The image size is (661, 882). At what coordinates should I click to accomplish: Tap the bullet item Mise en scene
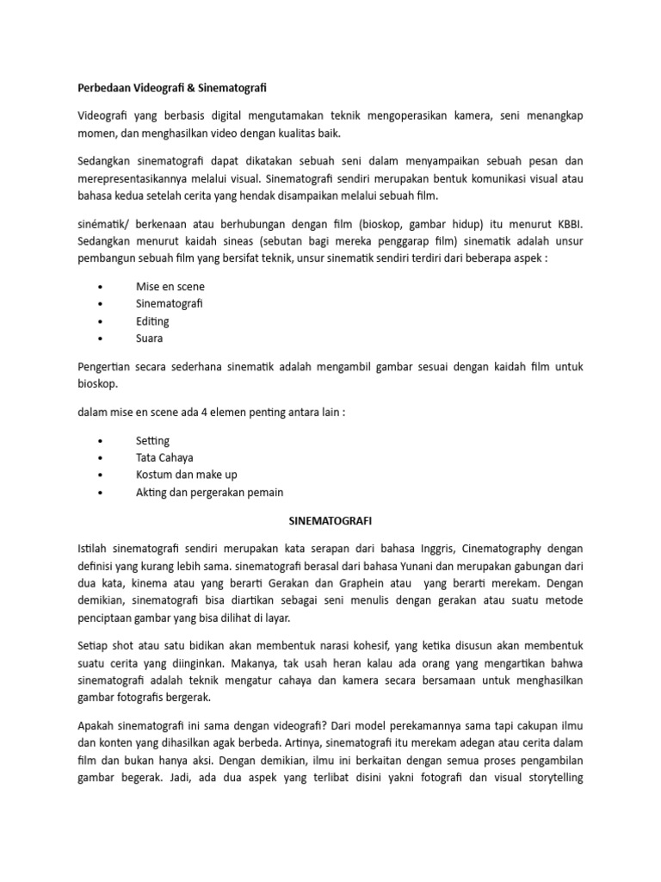pyautogui.click(x=170, y=286)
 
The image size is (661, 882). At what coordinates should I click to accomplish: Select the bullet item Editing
pyautogui.click(x=152, y=321)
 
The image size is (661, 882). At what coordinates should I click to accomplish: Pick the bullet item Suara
pyautogui.click(x=150, y=339)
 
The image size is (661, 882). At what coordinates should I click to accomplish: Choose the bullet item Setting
pyautogui.click(x=152, y=440)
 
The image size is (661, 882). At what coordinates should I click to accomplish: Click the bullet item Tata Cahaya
pyautogui.click(x=164, y=457)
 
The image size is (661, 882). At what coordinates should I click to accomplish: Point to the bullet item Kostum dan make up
pyautogui.click(x=186, y=475)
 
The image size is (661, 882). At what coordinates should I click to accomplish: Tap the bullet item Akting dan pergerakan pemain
pyautogui.click(x=209, y=493)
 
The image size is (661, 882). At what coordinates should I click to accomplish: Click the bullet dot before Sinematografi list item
pyautogui.click(x=102, y=304)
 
